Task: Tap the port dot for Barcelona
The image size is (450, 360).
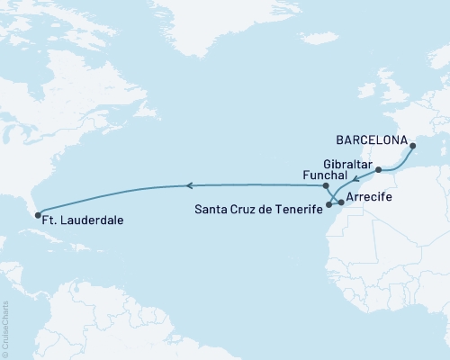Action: pos(412,146)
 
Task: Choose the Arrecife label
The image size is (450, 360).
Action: pos(373,196)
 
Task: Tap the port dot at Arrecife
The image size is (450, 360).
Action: pos(341,204)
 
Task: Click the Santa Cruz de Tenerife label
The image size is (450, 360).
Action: pos(256,206)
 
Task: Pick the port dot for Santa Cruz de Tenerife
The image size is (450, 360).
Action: pos(329,205)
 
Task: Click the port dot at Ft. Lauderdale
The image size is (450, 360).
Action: pos(38,213)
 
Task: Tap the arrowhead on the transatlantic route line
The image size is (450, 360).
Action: pos(188,186)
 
